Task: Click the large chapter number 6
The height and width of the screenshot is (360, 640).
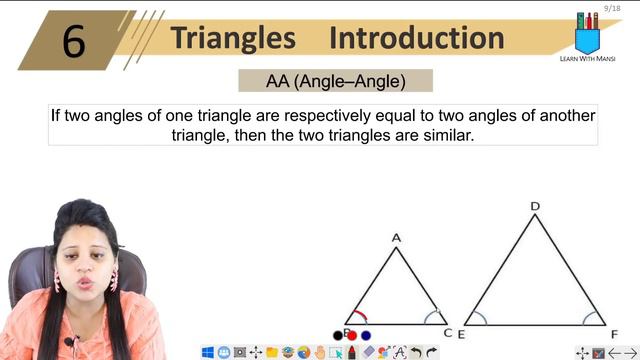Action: coord(74,41)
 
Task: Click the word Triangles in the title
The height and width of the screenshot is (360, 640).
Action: coord(233,38)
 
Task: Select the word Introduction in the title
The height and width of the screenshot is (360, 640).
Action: coord(416,38)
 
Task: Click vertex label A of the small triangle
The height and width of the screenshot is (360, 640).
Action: coord(396,238)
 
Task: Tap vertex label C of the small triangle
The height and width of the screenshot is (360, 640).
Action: coord(448,333)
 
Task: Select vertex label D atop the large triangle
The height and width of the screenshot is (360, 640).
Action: coord(535,207)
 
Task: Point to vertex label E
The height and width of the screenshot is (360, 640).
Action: coord(461,334)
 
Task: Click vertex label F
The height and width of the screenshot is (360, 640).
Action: coord(613,334)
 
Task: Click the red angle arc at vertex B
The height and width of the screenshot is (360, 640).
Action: coord(359,316)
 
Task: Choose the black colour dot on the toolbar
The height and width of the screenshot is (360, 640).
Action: coord(338,336)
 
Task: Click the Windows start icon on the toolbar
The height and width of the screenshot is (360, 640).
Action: coord(208,352)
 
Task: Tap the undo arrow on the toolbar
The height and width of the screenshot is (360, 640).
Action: coord(416,352)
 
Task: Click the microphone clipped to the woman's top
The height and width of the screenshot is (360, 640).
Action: coord(69,343)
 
